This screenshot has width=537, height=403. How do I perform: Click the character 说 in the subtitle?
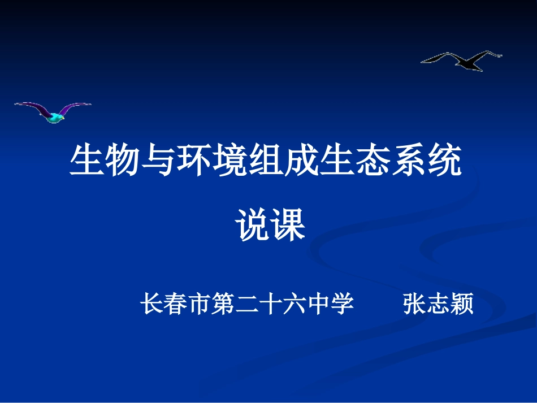252,225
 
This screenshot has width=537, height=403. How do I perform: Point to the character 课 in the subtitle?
288,225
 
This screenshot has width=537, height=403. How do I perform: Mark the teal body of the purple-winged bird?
55,117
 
